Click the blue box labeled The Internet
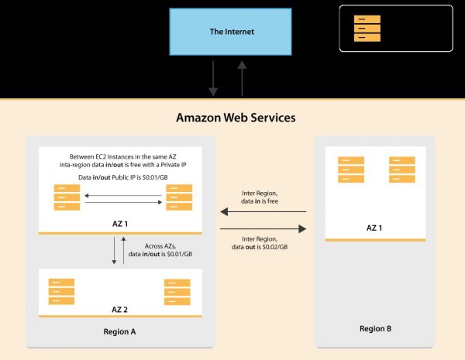click(x=232, y=33)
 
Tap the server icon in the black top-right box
click(x=367, y=28)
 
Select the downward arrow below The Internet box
click(x=213, y=78)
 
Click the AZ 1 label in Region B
click(x=375, y=228)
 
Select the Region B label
click(x=375, y=328)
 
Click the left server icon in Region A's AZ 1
click(x=66, y=197)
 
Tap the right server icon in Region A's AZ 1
click(x=177, y=197)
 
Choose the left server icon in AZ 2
click(x=61, y=290)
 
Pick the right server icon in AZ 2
click(x=177, y=290)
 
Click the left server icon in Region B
click(x=350, y=170)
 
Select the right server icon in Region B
click(x=401, y=170)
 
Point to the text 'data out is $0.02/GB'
click(x=260, y=246)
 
